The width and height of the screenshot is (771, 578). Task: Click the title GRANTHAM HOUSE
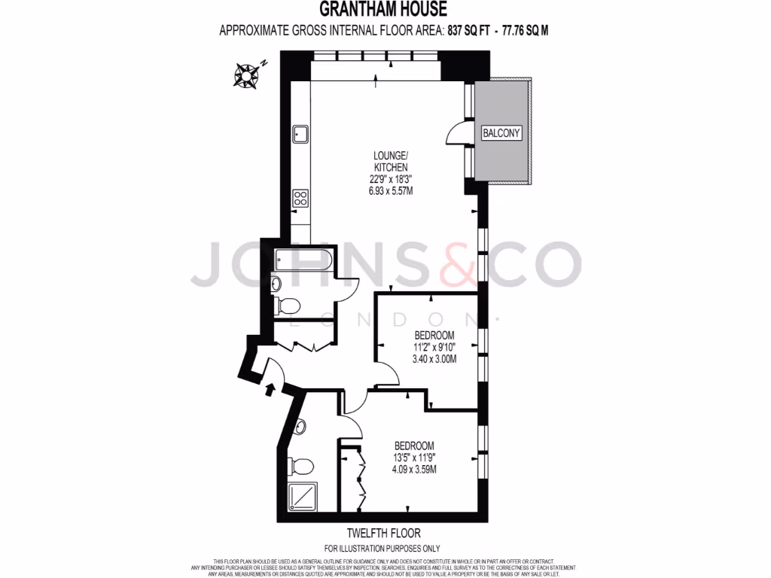point(383,10)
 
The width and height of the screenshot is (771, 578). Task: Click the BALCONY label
point(501,133)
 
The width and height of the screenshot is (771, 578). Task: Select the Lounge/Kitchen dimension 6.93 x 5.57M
point(391,191)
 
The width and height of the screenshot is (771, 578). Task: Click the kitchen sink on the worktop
point(300,134)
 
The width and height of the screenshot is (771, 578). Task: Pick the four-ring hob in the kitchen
point(300,199)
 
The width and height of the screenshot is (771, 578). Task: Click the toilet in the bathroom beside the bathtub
point(288,305)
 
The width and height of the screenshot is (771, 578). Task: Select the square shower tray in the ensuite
point(301,497)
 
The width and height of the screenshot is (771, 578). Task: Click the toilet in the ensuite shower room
point(303,466)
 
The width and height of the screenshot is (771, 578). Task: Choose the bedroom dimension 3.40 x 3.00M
point(434,358)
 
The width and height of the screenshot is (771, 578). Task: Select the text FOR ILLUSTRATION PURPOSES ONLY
point(382,549)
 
